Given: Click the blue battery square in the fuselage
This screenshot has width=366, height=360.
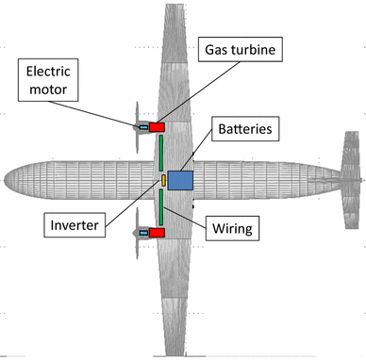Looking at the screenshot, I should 181,179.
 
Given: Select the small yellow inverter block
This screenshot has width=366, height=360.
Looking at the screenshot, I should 163,179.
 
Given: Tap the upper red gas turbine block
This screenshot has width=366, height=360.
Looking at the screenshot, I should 157,126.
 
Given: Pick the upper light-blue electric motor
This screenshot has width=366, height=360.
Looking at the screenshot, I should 143,126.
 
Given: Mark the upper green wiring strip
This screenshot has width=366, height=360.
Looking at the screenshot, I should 162,152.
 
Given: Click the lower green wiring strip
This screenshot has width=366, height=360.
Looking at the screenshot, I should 162,206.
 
